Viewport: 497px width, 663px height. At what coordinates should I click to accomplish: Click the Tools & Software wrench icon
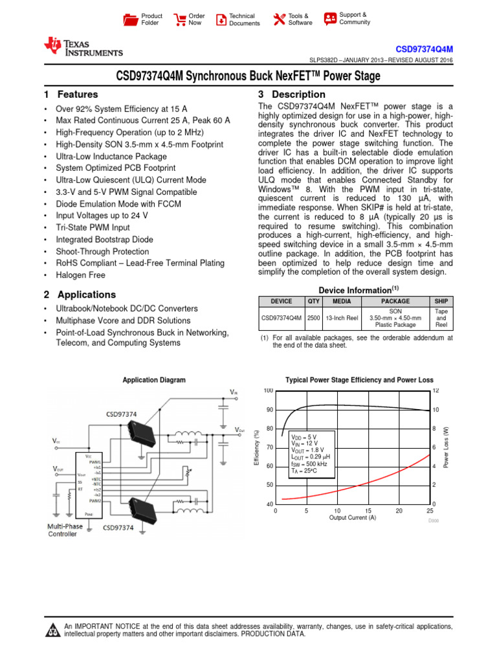point(279,19)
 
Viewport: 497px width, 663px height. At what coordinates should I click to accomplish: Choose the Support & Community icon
point(330,18)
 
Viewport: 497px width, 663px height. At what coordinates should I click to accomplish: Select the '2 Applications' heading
point(80,295)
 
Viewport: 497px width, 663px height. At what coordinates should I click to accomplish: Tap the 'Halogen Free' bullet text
point(81,275)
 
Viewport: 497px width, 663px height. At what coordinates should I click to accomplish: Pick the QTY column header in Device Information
point(314,301)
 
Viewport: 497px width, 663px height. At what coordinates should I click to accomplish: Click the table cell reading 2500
point(314,318)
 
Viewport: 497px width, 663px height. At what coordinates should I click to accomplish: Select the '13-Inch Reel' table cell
point(342,318)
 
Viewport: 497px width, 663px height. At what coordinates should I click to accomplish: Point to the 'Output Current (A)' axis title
point(352,518)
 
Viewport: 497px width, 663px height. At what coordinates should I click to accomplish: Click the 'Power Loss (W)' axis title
point(445,447)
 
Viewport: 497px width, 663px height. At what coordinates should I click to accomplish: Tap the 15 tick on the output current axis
point(368,510)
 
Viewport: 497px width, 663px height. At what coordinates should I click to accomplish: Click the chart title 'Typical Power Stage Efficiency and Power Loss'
point(360,380)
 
